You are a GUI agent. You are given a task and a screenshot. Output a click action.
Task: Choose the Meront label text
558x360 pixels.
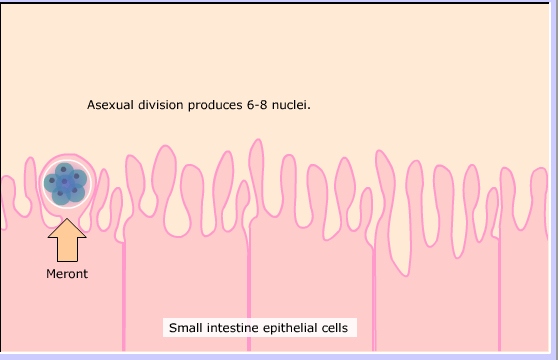click(67, 274)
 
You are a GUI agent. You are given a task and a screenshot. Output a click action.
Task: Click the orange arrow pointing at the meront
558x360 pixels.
click(67, 240)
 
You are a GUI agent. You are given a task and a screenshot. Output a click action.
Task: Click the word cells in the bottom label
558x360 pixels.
click(335, 328)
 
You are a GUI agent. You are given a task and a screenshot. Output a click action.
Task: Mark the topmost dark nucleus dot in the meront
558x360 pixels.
click(63, 169)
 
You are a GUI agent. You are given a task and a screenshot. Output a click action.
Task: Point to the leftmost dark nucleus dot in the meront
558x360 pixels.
click(52, 181)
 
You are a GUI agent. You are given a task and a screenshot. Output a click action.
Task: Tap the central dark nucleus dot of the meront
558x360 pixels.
click(64, 182)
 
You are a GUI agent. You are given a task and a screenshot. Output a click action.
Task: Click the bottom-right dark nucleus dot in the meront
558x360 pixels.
click(74, 190)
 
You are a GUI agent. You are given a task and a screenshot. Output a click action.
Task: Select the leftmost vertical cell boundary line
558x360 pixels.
click(124, 296)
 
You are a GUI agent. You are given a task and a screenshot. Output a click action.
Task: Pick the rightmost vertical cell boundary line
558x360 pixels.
click(499, 295)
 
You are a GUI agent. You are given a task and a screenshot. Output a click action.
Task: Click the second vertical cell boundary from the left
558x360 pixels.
click(249, 288)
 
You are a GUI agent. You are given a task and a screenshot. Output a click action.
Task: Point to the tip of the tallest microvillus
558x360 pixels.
click(258, 139)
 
